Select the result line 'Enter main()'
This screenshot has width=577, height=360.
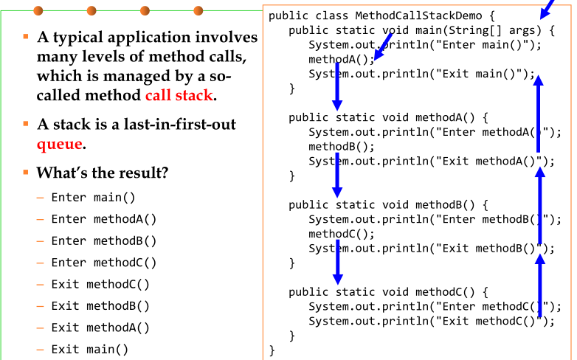click(93, 198)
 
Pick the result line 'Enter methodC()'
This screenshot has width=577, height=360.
click(103, 263)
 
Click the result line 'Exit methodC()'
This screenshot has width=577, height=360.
click(100, 284)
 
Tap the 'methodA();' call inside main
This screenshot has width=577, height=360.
click(341, 59)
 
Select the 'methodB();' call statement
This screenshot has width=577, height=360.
click(341, 146)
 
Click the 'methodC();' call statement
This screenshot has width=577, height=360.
click(341, 234)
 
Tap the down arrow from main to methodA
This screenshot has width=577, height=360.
click(337, 86)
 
